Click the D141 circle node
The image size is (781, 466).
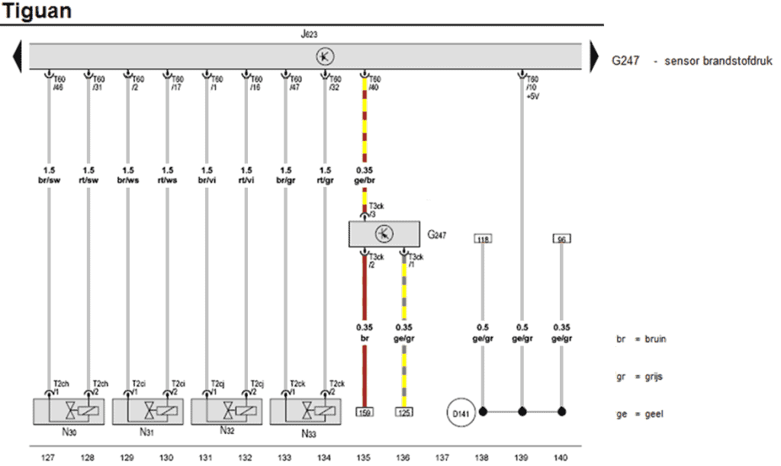click(461, 412)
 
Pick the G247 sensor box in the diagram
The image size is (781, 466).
click(384, 234)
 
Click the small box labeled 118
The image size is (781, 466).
click(482, 239)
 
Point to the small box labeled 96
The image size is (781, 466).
click(561, 239)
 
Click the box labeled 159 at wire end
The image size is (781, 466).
click(365, 412)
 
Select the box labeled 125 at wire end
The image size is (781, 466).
click(404, 412)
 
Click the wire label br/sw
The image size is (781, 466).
click(49, 181)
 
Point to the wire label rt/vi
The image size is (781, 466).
click(246, 181)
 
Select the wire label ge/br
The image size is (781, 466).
click(365, 181)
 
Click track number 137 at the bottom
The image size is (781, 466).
click(442, 458)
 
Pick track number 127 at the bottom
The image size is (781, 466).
click(49, 458)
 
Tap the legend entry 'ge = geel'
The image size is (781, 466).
click(640, 414)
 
